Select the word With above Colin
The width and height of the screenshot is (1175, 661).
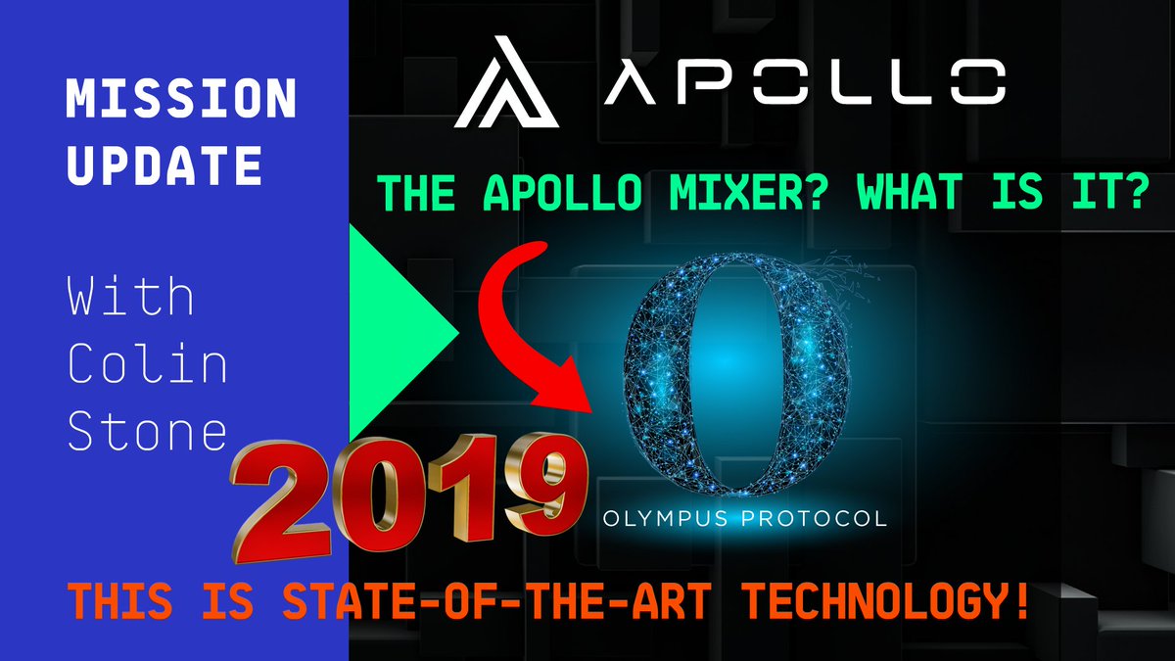[130, 295]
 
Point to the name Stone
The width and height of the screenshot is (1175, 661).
[147, 431]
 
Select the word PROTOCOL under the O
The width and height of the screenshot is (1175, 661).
[820, 517]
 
